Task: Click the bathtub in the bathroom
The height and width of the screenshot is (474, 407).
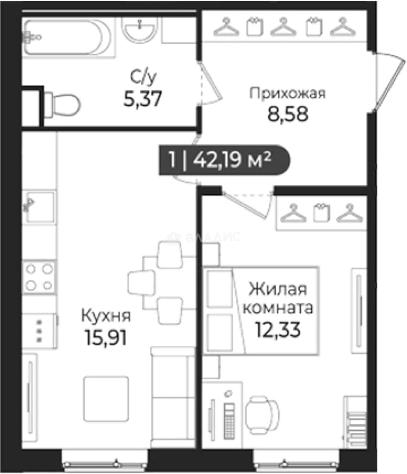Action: click(x=68, y=37)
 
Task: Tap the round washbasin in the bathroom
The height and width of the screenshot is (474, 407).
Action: click(x=139, y=30)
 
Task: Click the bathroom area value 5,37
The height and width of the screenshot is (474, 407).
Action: click(x=143, y=98)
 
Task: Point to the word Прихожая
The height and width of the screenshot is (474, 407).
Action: click(x=288, y=93)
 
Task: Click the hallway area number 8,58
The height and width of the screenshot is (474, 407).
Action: click(x=288, y=114)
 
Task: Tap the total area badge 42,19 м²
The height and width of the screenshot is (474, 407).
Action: click(x=224, y=160)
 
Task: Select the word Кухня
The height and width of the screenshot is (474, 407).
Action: click(x=106, y=316)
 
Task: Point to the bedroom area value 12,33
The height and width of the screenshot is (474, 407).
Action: click(x=278, y=330)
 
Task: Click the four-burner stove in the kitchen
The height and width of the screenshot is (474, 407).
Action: click(x=39, y=277)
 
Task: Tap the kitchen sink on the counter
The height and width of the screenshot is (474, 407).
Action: click(x=40, y=207)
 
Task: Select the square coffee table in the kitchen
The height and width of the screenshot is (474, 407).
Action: click(x=106, y=399)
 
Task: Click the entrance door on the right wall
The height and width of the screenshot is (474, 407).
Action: click(x=389, y=82)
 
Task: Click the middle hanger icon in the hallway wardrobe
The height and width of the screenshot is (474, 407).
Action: click(x=283, y=27)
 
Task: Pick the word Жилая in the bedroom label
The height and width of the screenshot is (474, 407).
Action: click(x=278, y=289)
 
